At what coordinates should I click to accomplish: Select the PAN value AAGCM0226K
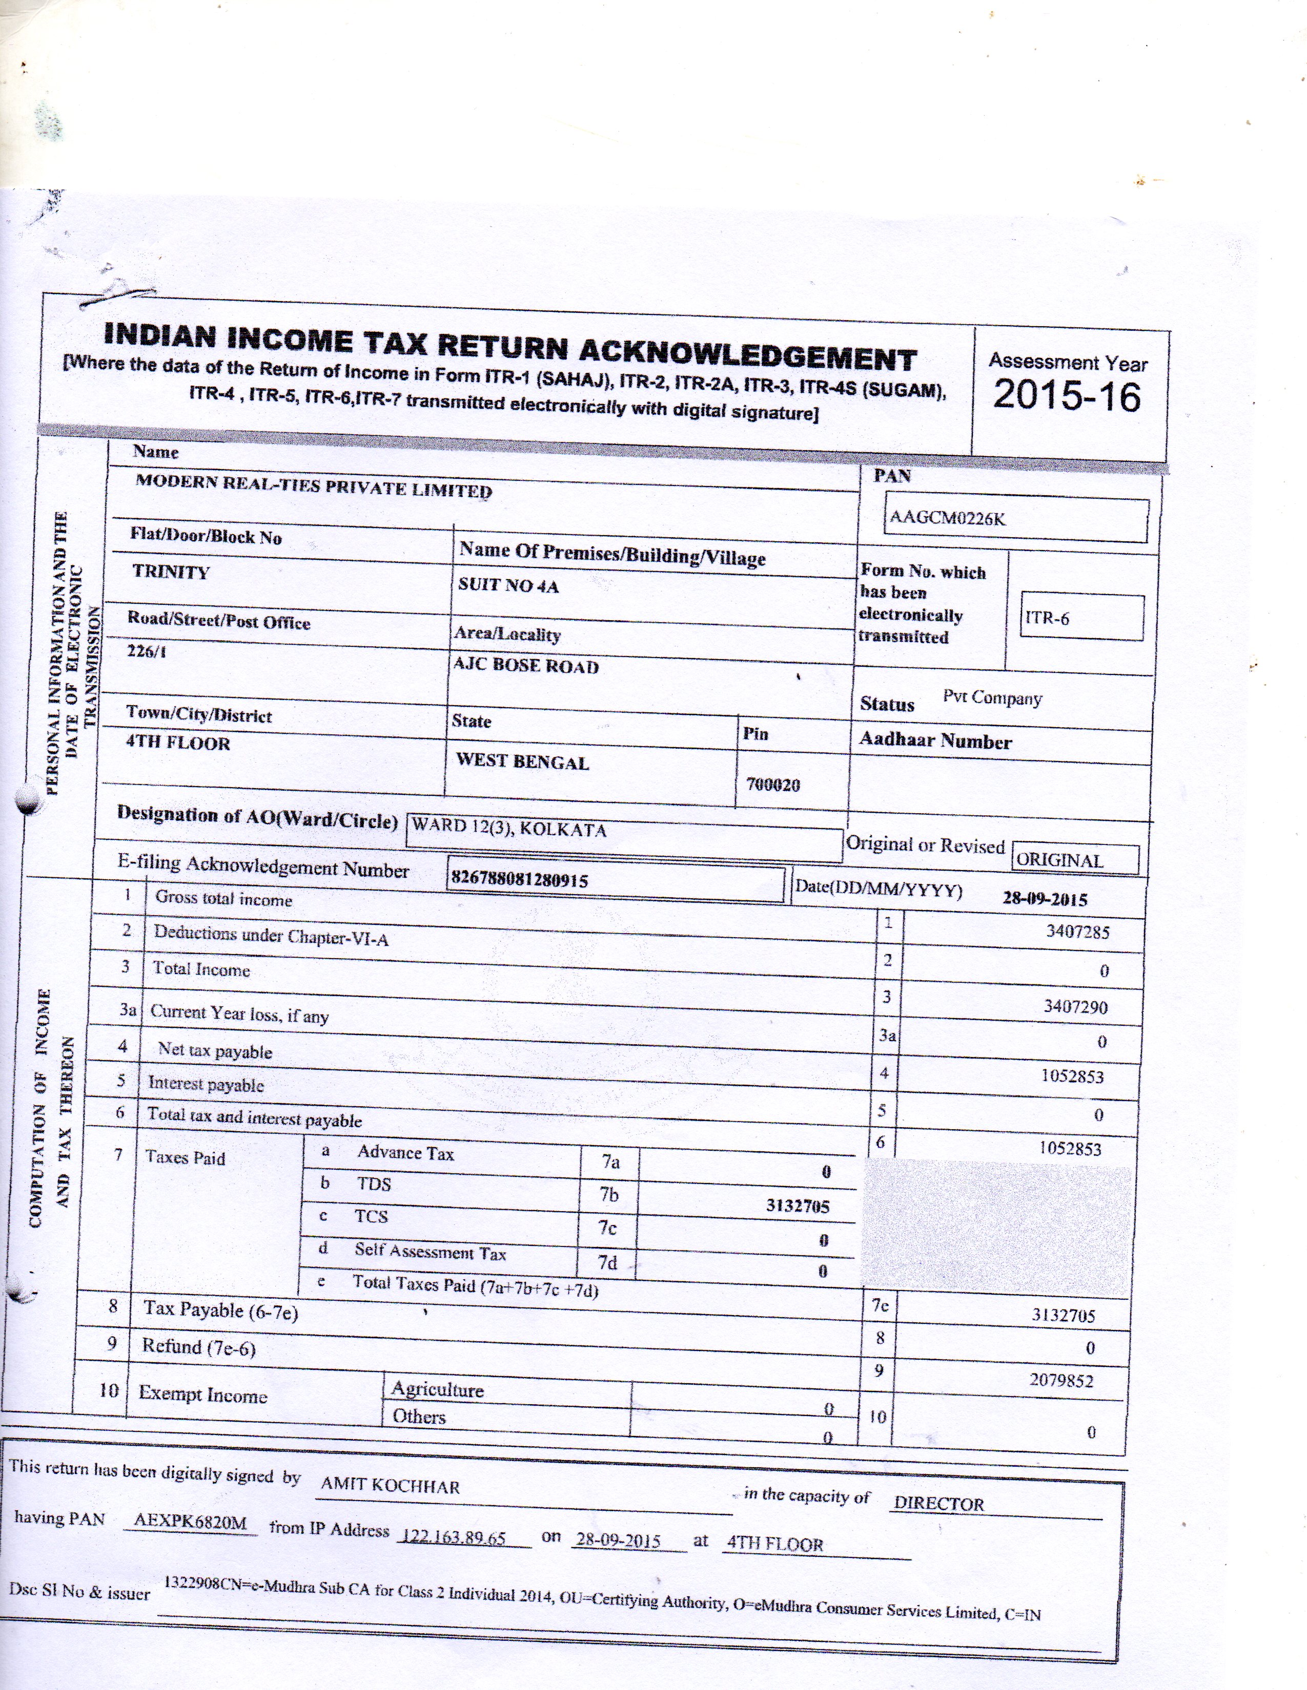pos(948,518)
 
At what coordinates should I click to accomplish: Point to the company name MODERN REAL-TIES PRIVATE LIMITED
pos(314,486)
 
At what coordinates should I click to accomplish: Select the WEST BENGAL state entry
pos(523,762)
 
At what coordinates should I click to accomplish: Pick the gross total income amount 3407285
pos(1077,932)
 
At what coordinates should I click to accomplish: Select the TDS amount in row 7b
pos(798,1206)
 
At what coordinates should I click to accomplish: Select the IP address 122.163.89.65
pos(452,1537)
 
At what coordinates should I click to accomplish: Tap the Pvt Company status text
pos(992,698)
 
